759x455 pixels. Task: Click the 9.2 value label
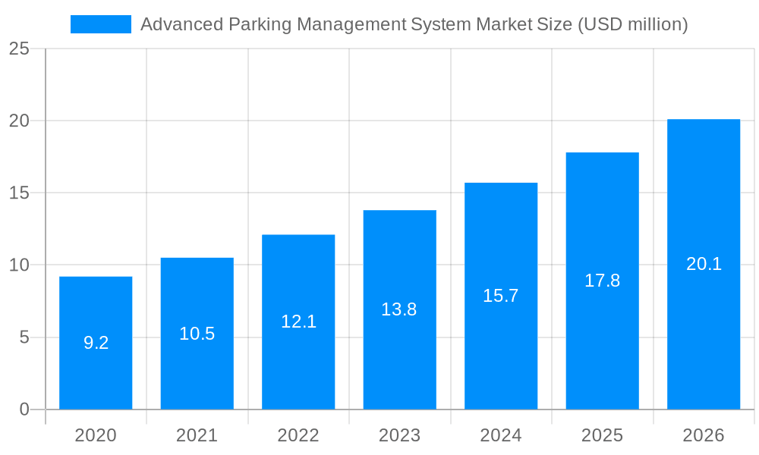[96, 343]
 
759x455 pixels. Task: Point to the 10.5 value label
[197, 334]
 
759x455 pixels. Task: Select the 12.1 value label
[298, 322]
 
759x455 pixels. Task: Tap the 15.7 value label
[501, 296]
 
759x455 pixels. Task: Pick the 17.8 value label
[602, 281]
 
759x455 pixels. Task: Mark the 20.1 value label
[704, 264]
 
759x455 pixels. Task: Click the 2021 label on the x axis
[197, 436]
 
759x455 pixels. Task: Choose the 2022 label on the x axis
[298, 436]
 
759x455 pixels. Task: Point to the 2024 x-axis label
[501, 436]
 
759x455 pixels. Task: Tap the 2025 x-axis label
[602, 436]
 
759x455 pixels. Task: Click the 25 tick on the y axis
[19, 49]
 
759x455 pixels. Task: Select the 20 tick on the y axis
[19, 121]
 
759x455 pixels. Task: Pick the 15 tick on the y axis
[19, 193]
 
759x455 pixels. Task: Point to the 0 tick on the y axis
[24, 409]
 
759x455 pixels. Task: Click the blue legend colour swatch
[101, 24]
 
